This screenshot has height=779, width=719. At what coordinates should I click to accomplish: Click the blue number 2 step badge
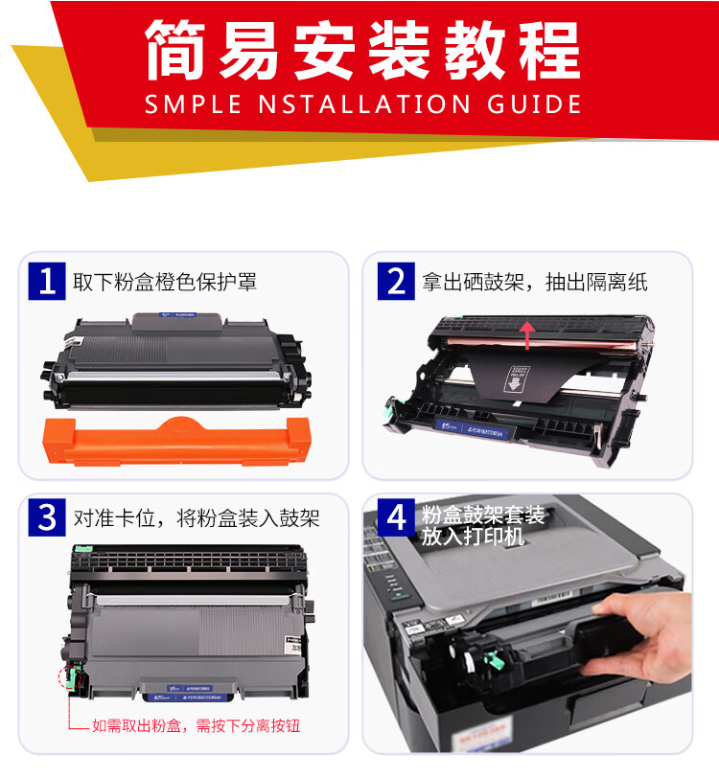(396, 282)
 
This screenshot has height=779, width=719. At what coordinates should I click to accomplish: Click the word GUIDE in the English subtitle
(533, 103)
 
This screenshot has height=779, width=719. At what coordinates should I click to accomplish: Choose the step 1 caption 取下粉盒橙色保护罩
(165, 283)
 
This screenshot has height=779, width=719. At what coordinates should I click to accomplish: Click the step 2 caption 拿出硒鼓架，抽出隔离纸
(535, 283)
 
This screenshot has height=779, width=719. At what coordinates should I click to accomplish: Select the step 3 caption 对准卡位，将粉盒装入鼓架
(197, 518)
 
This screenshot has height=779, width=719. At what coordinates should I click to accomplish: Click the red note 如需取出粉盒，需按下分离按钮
(196, 726)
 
